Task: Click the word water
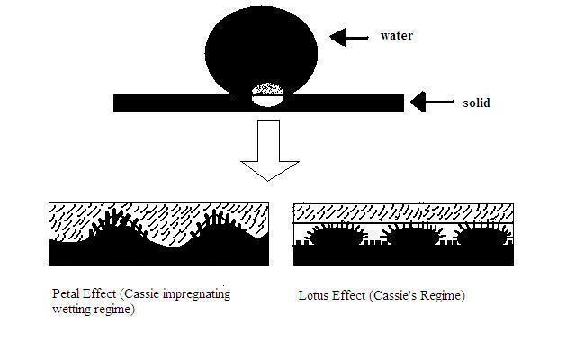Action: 396,36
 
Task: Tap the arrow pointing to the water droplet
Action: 350,37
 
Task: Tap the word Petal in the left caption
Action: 66,293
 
